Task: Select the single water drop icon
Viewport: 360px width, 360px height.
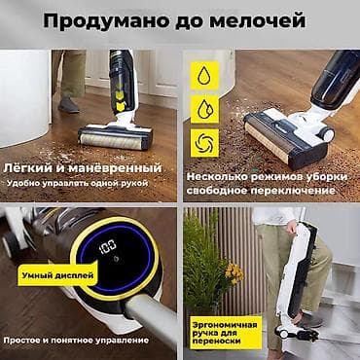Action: pos(204,75)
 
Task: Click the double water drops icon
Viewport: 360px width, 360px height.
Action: pos(204,109)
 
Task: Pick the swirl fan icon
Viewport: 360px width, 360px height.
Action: pos(204,143)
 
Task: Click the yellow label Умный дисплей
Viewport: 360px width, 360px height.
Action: pos(57,275)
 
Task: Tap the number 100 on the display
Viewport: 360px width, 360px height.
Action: pos(108,246)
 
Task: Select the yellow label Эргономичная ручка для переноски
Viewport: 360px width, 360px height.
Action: pos(226,333)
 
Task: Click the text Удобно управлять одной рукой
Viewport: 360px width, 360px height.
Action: pos(78,183)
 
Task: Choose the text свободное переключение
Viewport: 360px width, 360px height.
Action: pos(261,191)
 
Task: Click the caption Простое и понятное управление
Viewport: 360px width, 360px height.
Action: pos(76,341)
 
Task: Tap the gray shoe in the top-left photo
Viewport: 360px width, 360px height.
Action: pos(68,105)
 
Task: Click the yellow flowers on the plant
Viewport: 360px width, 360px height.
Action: pos(234,273)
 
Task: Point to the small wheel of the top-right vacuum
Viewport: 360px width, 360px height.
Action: pos(326,133)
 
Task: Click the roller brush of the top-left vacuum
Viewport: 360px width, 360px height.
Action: pos(111,142)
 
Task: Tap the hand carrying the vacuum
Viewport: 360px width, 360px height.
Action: pos(291,227)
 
